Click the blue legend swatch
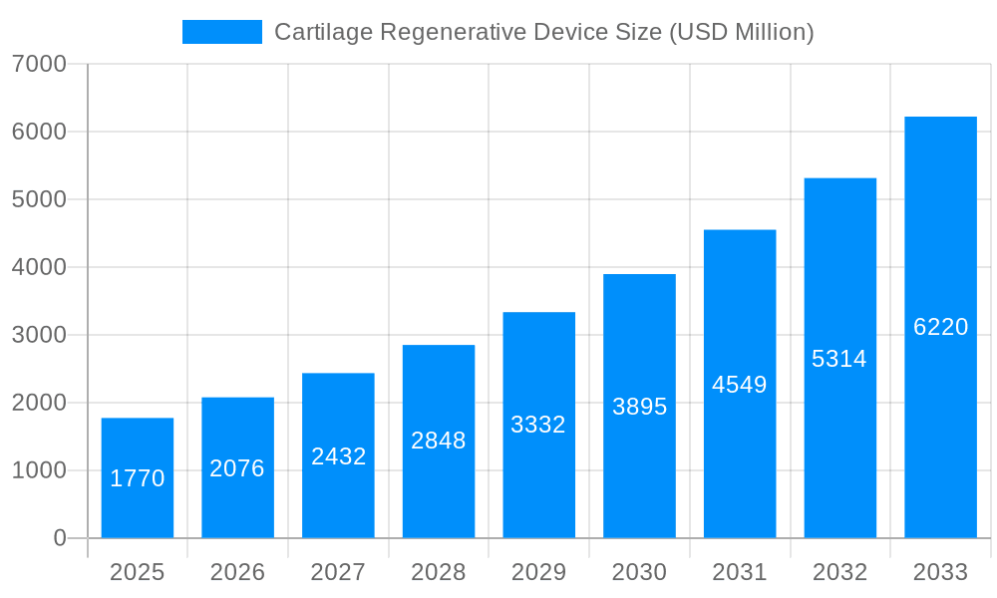pyautogui.click(x=221, y=32)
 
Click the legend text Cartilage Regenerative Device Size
pyautogui.click(x=543, y=32)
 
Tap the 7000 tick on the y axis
pyautogui.click(x=39, y=65)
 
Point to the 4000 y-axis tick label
pyautogui.click(x=39, y=267)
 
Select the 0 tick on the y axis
pyautogui.click(x=59, y=538)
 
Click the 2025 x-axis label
pyautogui.click(x=137, y=572)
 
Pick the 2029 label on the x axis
pyautogui.click(x=538, y=572)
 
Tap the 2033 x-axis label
pyautogui.click(x=940, y=572)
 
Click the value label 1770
pyautogui.click(x=137, y=478)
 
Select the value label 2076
pyautogui.click(x=237, y=468)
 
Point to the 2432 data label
pyautogui.click(x=338, y=456)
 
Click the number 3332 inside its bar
pyautogui.click(x=538, y=425)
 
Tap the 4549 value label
pyautogui.click(x=739, y=385)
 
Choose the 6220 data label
pyautogui.click(x=940, y=327)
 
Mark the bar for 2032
pyautogui.click(x=839, y=439)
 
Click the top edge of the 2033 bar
pyautogui.click(x=940, y=118)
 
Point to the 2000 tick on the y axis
pyautogui.click(x=39, y=403)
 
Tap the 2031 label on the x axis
pyautogui.click(x=739, y=572)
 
